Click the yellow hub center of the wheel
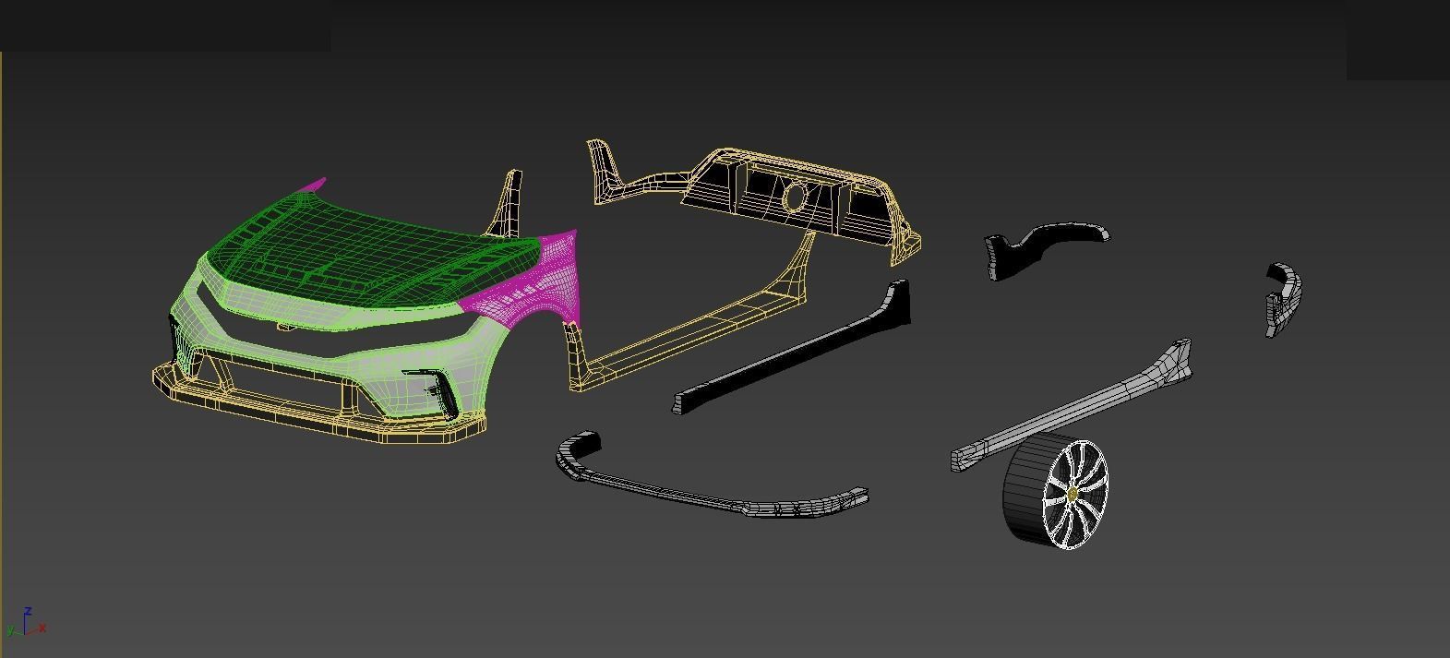(x=1073, y=496)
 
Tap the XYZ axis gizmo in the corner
(x=26, y=623)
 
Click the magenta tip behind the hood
(x=314, y=185)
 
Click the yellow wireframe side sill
(x=701, y=323)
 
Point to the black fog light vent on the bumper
(x=434, y=388)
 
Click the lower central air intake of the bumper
(x=277, y=378)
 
